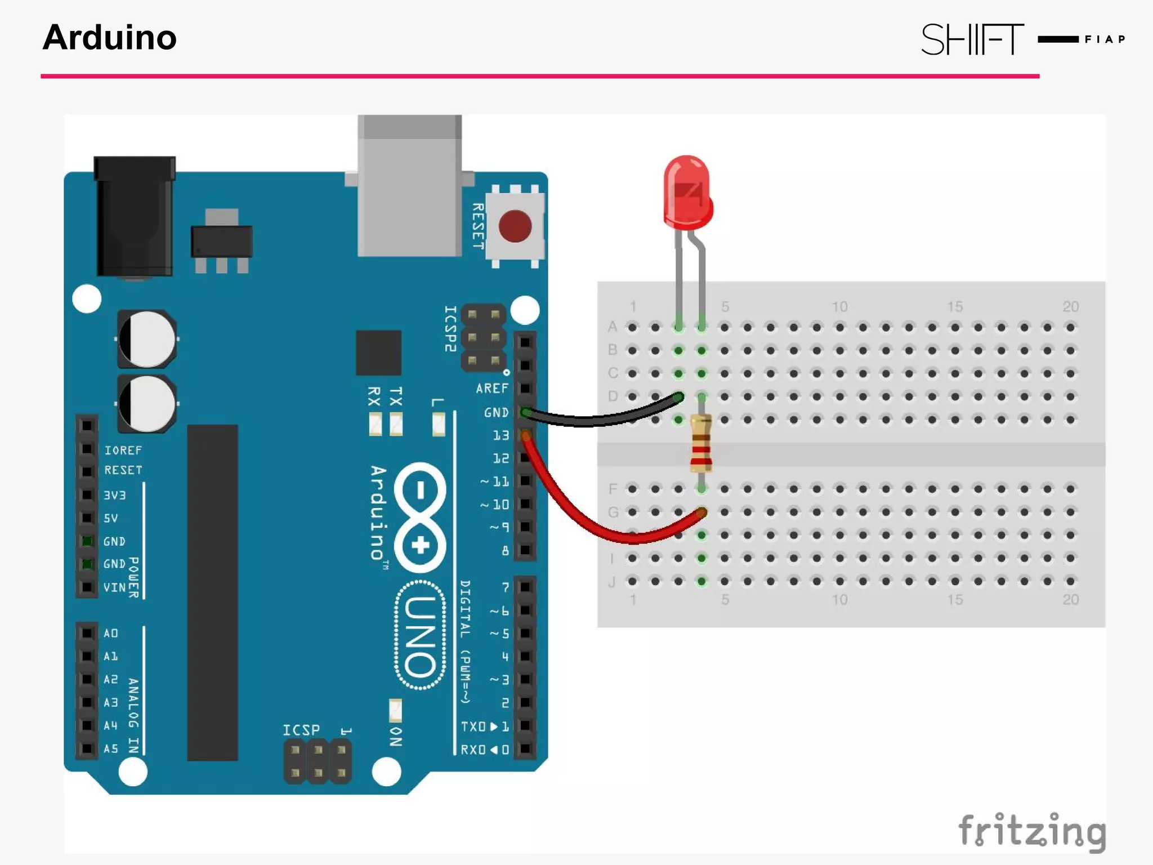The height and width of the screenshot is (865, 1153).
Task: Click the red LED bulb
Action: [x=687, y=191]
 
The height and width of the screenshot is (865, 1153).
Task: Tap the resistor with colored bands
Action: [x=701, y=443]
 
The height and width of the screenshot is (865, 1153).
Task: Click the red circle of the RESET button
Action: [x=515, y=226]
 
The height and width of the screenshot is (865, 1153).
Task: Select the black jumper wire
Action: [x=597, y=419]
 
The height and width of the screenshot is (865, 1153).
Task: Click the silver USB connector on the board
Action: [x=410, y=186]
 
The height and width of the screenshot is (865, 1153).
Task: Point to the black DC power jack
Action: [x=135, y=217]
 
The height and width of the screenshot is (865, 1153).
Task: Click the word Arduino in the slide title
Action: [x=110, y=38]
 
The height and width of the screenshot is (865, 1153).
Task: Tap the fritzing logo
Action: [x=1031, y=831]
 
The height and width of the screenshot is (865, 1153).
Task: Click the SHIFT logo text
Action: [x=972, y=39]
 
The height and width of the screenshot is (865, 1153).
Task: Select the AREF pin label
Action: [x=491, y=389]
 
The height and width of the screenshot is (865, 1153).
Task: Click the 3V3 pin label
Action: [x=114, y=496]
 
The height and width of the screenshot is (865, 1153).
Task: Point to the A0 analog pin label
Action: [x=111, y=634]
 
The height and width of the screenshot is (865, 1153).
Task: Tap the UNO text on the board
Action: [x=421, y=635]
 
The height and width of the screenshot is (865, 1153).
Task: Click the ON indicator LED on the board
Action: [x=396, y=711]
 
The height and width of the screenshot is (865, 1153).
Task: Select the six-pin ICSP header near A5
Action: [x=318, y=761]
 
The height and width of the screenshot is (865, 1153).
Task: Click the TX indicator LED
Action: [x=396, y=424]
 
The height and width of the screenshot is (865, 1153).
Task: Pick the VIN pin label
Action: [x=114, y=587]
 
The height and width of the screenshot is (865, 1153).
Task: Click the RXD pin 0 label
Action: [x=485, y=750]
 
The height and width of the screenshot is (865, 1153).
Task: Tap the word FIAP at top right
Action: [x=1105, y=39]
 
